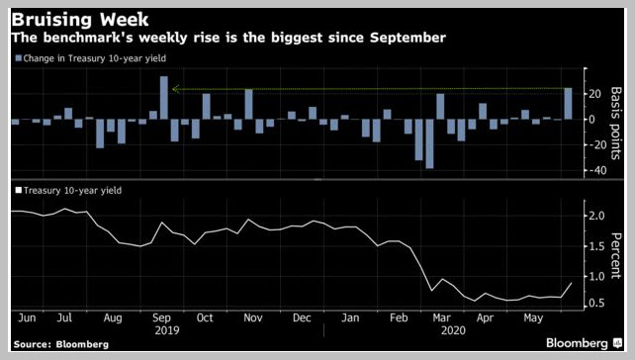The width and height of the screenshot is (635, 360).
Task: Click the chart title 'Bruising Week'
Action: [80, 20]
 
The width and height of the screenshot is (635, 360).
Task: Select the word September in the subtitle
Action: [408, 38]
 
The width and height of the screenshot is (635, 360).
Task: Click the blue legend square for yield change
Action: [18, 58]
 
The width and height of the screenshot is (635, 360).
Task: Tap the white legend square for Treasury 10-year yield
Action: [18, 190]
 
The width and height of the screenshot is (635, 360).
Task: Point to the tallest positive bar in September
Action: [164, 98]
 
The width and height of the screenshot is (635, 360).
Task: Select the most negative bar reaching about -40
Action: [429, 143]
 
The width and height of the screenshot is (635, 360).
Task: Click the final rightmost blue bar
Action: [568, 104]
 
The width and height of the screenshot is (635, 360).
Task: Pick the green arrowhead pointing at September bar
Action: [175, 89]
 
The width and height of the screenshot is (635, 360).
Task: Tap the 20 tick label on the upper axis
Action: [594, 94]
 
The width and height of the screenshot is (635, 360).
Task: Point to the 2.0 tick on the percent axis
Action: [596, 216]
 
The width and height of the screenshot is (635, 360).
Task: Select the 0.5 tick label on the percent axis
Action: [596, 303]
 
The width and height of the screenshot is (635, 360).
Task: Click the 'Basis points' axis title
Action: [615, 123]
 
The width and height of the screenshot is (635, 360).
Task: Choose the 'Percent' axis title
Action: [615, 255]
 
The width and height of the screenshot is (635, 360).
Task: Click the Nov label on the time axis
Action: [252, 317]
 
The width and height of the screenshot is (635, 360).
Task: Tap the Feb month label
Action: [399, 317]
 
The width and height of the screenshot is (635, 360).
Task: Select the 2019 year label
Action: [167, 330]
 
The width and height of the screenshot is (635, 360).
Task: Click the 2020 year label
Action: [453, 330]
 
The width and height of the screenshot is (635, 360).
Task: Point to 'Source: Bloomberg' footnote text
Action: [61, 344]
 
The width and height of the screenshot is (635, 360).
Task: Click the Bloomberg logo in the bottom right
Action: [584, 343]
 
